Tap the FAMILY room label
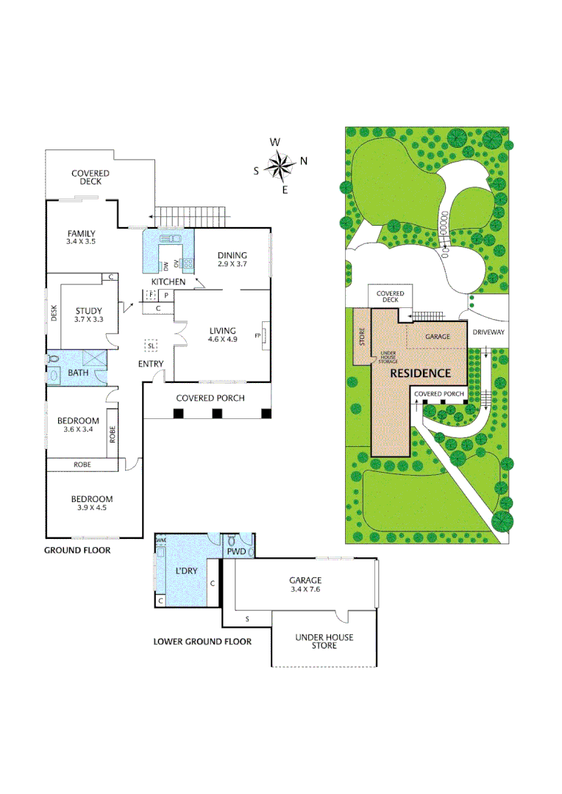point(81,234)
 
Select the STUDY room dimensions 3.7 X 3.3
point(88,320)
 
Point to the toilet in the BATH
point(53,360)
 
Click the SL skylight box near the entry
point(152,345)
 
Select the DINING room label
point(232,255)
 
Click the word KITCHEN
point(168,282)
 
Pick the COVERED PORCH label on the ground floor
point(210,398)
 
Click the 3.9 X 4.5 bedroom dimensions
point(92,507)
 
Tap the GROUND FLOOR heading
point(77,550)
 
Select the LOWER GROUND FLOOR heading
point(202,641)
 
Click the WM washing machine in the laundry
point(160,540)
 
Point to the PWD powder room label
point(235,551)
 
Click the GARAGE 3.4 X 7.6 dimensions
point(305,589)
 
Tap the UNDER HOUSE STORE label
point(324,641)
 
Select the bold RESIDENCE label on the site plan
point(419,373)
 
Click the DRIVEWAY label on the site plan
point(487,332)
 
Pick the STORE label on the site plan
point(361,337)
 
